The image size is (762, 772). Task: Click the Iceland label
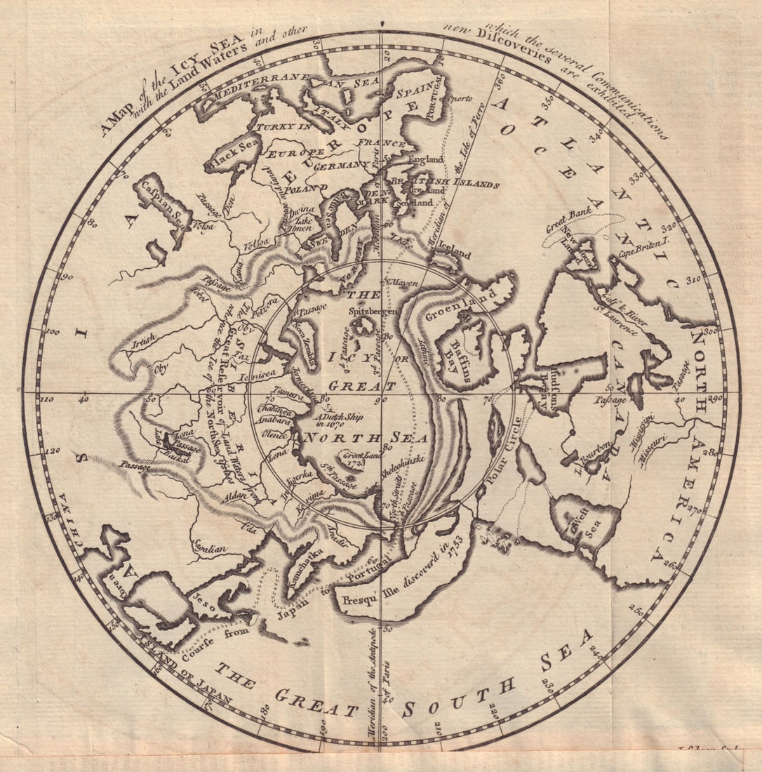pos(454,255)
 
